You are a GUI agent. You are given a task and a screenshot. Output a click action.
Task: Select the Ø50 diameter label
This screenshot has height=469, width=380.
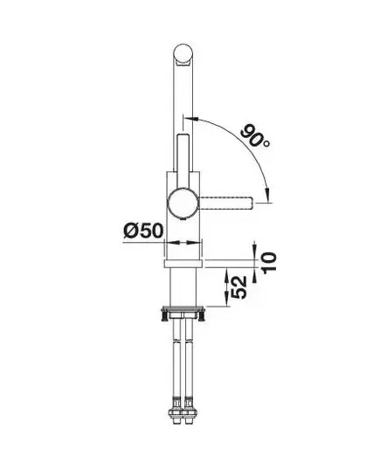click(x=143, y=231)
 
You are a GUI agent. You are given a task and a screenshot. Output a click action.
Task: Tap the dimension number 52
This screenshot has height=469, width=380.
click(x=239, y=287)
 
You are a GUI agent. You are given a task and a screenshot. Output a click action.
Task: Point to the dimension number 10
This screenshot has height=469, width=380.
click(x=269, y=262)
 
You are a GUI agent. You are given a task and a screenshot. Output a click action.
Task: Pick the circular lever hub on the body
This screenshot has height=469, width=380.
click(x=183, y=203)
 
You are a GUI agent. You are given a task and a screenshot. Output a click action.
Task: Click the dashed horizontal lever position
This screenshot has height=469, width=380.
click(x=226, y=203)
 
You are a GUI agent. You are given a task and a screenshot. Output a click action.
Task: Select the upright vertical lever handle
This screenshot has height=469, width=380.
click(x=183, y=162)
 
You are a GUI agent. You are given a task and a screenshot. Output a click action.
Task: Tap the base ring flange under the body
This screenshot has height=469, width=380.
click(x=183, y=264)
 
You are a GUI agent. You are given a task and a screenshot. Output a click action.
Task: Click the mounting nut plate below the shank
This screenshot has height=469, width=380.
click(x=183, y=309)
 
